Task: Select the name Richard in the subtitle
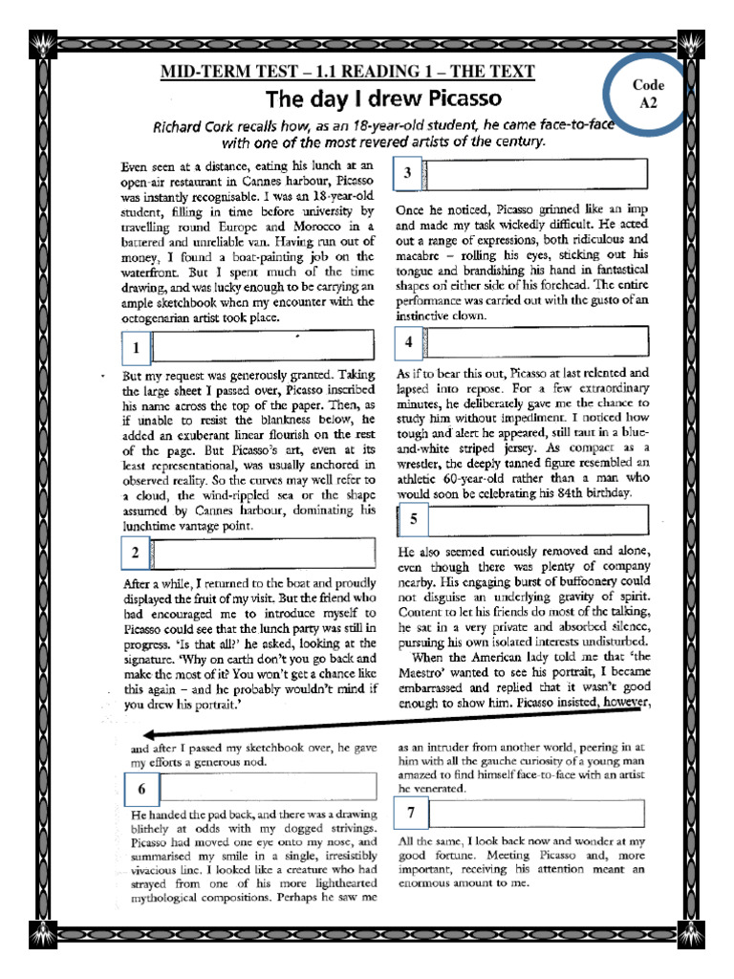pyautogui.click(x=183, y=126)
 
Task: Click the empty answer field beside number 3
pyautogui.click(x=535, y=173)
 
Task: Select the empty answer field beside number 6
pyautogui.click(x=268, y=788)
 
